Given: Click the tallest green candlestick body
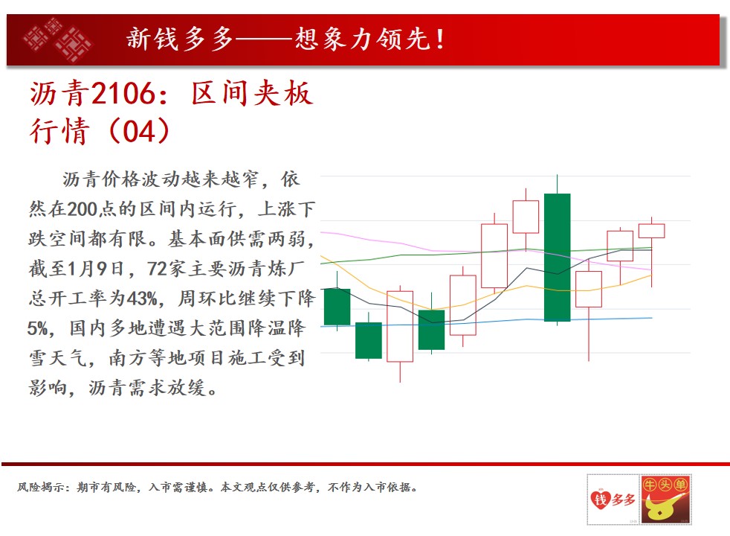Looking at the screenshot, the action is coord(558,258).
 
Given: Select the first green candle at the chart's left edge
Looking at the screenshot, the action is coord(337,307).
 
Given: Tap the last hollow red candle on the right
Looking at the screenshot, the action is coord(651,232).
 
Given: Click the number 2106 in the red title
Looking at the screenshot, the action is coord(123,93).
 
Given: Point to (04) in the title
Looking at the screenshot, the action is coord(139,131).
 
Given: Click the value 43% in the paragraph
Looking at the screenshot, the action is coord(141,299).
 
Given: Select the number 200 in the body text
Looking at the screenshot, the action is coord(82,209).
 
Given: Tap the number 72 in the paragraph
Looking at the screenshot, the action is coord(157,269).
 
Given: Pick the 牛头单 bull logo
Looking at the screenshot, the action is coord(666,500).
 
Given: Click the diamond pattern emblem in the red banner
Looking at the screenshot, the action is coord(56,40).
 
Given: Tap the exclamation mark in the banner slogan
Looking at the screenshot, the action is coord(439,39).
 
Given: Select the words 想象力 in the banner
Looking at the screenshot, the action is coord(333,39).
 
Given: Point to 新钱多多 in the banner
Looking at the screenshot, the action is coord(180,39).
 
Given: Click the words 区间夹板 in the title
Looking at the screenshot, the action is coord(251,93).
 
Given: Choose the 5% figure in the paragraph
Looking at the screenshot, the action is coord(37,328).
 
